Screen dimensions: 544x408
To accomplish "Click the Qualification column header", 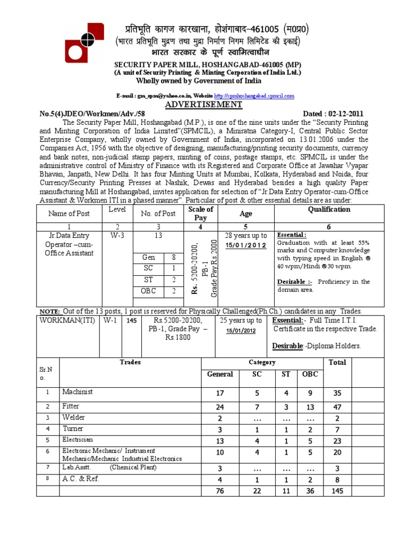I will pyautogui.click(x=329, y=209).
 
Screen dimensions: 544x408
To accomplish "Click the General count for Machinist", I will pyautogui.click(x=220, y=394).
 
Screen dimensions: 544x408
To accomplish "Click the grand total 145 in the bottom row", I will pyautogui.click(x=337, y=491).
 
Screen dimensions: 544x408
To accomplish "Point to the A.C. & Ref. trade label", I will pyautogui.click(x=80, y=479).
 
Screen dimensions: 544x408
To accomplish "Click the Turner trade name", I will pyautogui.click(x=73, y=429).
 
